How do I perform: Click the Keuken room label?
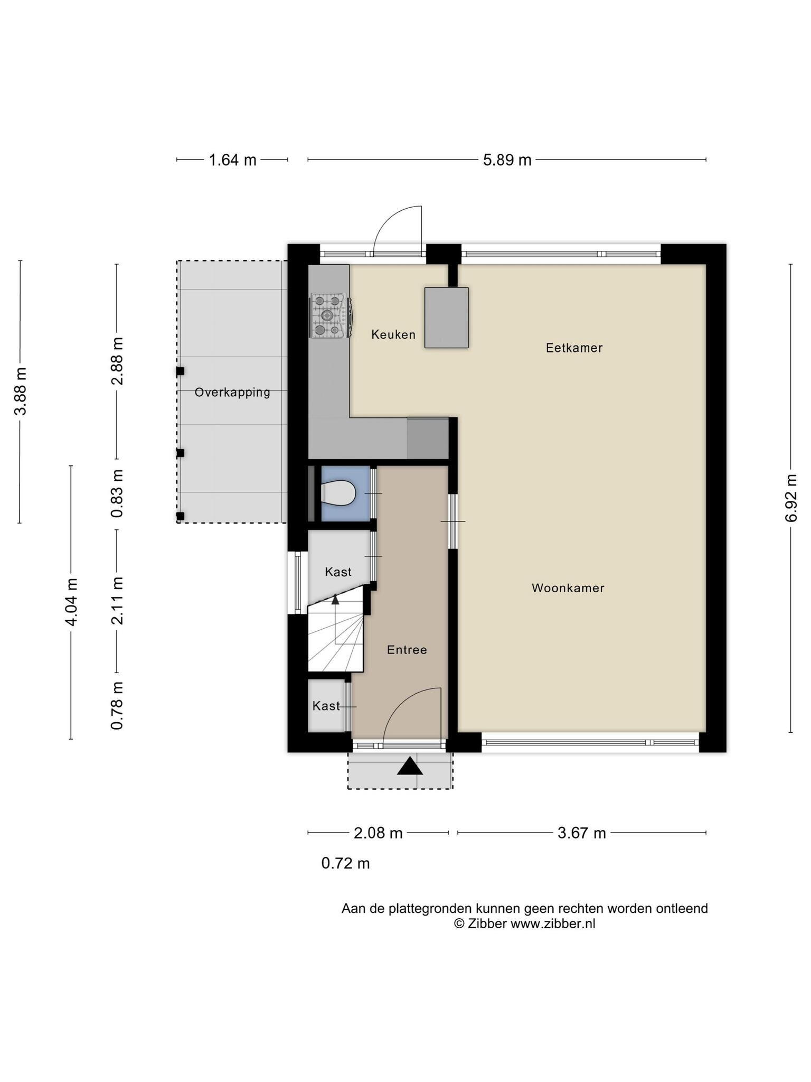point(393,334)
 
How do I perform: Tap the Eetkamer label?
point(574,348)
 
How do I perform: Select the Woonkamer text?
point(568,588)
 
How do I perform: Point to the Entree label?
point(407,650)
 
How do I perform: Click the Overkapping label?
point(232,392)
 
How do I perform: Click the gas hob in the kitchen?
point(329,316)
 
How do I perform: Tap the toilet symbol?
point(338,493)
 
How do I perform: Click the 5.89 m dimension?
point(507,160)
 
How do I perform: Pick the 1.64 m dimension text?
point(232,160)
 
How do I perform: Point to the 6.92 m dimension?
point(790,498)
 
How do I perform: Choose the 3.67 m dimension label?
point(581,833)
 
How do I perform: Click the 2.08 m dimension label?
point(378,833)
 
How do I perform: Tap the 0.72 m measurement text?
point(345,863)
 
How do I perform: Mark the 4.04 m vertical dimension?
point(71,602)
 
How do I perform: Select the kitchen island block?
point(446,318)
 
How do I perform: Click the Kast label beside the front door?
point(326,706)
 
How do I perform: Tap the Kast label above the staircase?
point(338,572)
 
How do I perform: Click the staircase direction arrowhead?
point(335,599)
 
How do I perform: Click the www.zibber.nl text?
point(552,924)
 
